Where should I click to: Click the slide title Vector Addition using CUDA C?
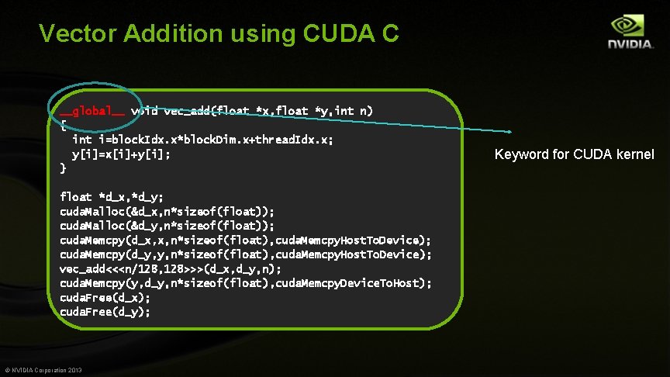pyautogui.click(x=219, y=33)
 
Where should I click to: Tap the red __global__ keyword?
pyautogui.click(x=92, y=111)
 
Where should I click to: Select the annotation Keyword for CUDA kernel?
pyautogui.click(x=574, y=154)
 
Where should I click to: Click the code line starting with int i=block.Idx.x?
pyautogui.click(x=203, y=140)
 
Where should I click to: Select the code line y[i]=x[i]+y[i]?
pyautogui.click(x=121, y=154)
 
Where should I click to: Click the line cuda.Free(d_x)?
pyautogui.click(x=105, y=297)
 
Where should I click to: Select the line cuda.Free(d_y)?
pyautogui.click(x=105, y=312)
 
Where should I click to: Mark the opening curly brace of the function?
pyautogui.click(x=63, y=126)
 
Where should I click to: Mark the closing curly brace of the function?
pyautogui.click(x=63, y=168)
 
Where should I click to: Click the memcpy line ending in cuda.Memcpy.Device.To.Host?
pyautogui.click(x=246, y=283)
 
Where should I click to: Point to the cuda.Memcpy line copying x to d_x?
pyautogui.click(x=245, y=240)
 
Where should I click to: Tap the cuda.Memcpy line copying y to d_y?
pyautogui.click(x=245, y=254)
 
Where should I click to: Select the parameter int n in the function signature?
pyautogui.click(x=357, y=111)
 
